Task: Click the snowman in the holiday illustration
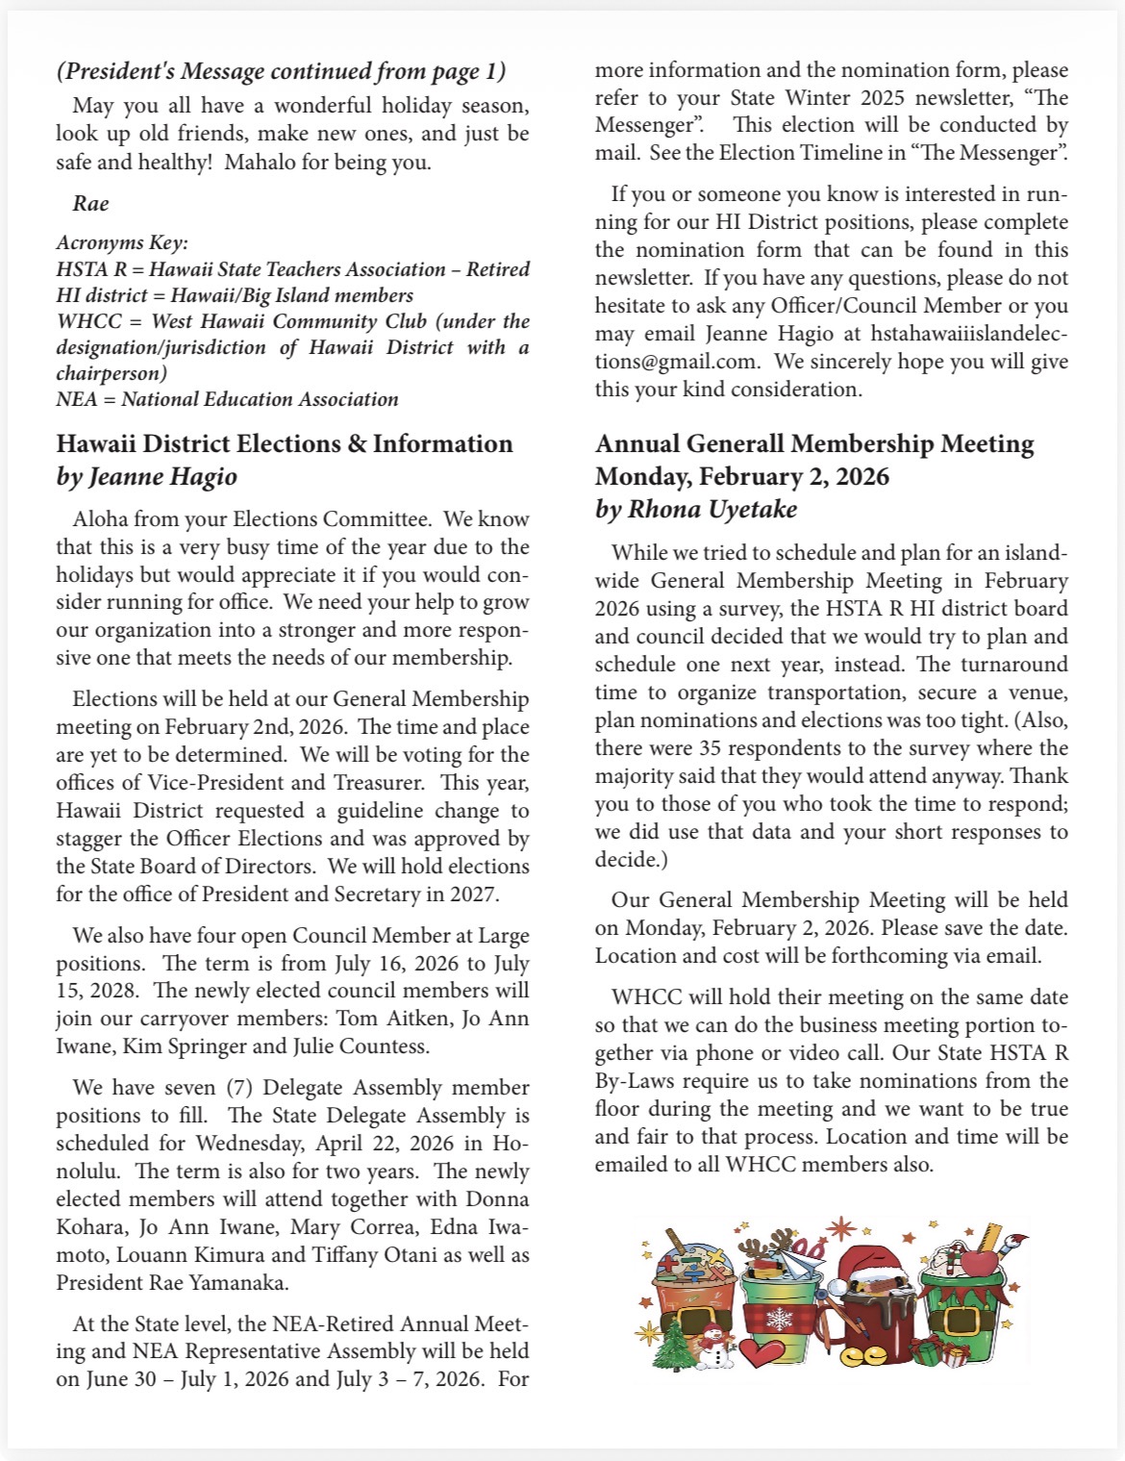pyautogui.click(x=712, y=1344)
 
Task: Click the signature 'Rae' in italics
pyautogui.click(x=90, y=203)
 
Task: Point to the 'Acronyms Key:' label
pyautogui.click(x=122, y=242)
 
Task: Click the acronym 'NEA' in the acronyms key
pyautogui.click(x=77, y=399)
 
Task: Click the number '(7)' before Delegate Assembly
pyautogui.click(x=239, y=1088)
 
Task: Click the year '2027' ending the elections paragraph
pyautogui.click(x=474, y=894)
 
